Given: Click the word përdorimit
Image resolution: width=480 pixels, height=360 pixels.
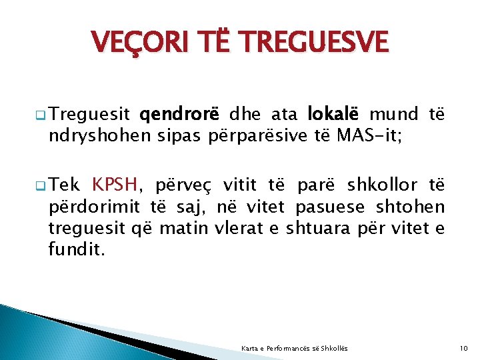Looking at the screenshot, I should click(x=91, y=207).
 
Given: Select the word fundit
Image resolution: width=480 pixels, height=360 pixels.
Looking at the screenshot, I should click(x=77, y=250).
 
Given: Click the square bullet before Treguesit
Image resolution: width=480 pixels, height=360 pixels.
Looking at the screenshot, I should click(x=41, y=115).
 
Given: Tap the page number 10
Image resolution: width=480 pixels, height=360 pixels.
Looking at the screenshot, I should click(x=465, y=348).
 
